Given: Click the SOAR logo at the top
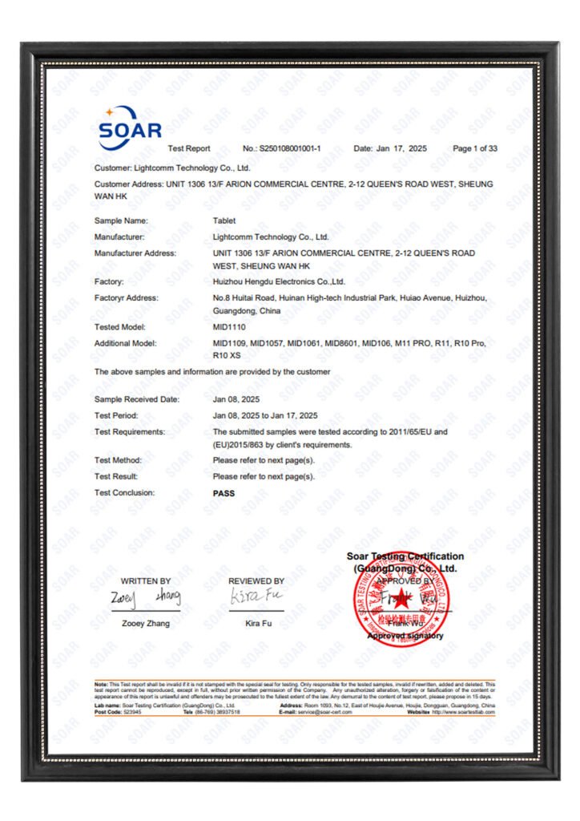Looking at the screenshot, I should [130, 128].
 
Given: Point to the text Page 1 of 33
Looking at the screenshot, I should [475, 148].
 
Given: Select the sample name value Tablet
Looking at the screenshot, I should [224, 220].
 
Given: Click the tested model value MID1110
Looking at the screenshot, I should [230, 327].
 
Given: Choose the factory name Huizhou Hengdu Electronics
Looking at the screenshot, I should [279, 282].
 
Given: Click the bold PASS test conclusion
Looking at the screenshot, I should [224, 493].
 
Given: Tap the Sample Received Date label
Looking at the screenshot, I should [137, 399].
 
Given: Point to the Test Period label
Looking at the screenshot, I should [117, 415].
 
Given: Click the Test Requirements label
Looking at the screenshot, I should [130, 432].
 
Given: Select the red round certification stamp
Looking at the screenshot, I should [401, 595].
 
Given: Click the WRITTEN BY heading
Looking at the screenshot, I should [146, 580].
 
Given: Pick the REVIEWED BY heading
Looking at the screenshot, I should [256, 580].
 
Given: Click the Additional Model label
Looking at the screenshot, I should [126, 343].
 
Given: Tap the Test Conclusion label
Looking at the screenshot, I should [125, 493].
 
